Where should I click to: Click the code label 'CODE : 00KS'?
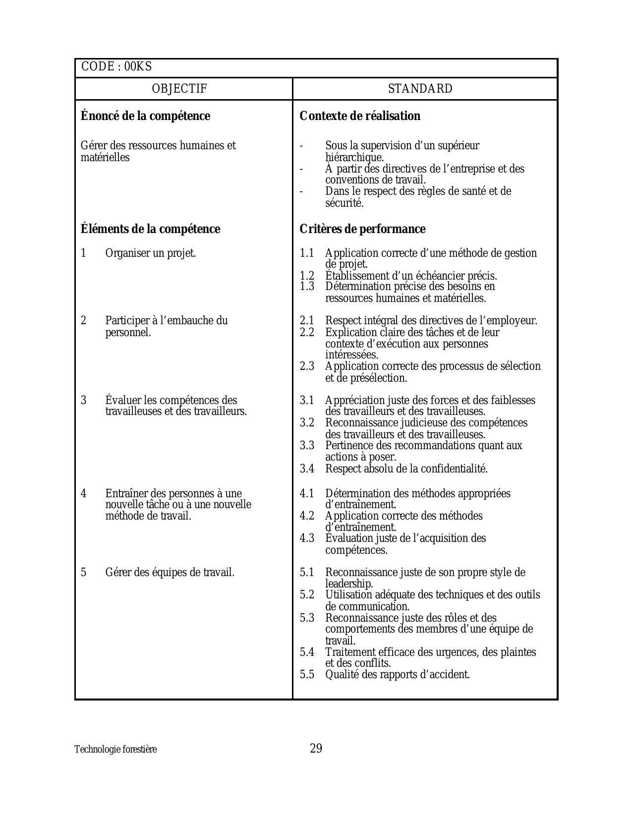click(116, 66)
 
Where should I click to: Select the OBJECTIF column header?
click(179, 89)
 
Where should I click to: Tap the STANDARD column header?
click(420, 89)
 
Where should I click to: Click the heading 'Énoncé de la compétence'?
click(145, 116)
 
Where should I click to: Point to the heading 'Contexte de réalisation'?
click(360, 116)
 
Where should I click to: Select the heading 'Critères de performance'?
click(362, 229)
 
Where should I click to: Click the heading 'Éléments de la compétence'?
click(150, 229)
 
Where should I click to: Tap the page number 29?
click(316, 748)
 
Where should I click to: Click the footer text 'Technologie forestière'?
click(115, 749)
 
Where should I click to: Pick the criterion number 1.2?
click(307, 276)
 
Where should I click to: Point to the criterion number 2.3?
click(307, 366)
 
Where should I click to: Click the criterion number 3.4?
click(307, 468)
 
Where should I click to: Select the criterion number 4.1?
click(307, 493)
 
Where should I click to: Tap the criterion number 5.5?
click(307, 674)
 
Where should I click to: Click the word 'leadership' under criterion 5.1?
click(348, 584)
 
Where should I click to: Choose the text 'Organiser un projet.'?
click(151, 253)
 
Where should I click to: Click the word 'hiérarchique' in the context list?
click(354, 157)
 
